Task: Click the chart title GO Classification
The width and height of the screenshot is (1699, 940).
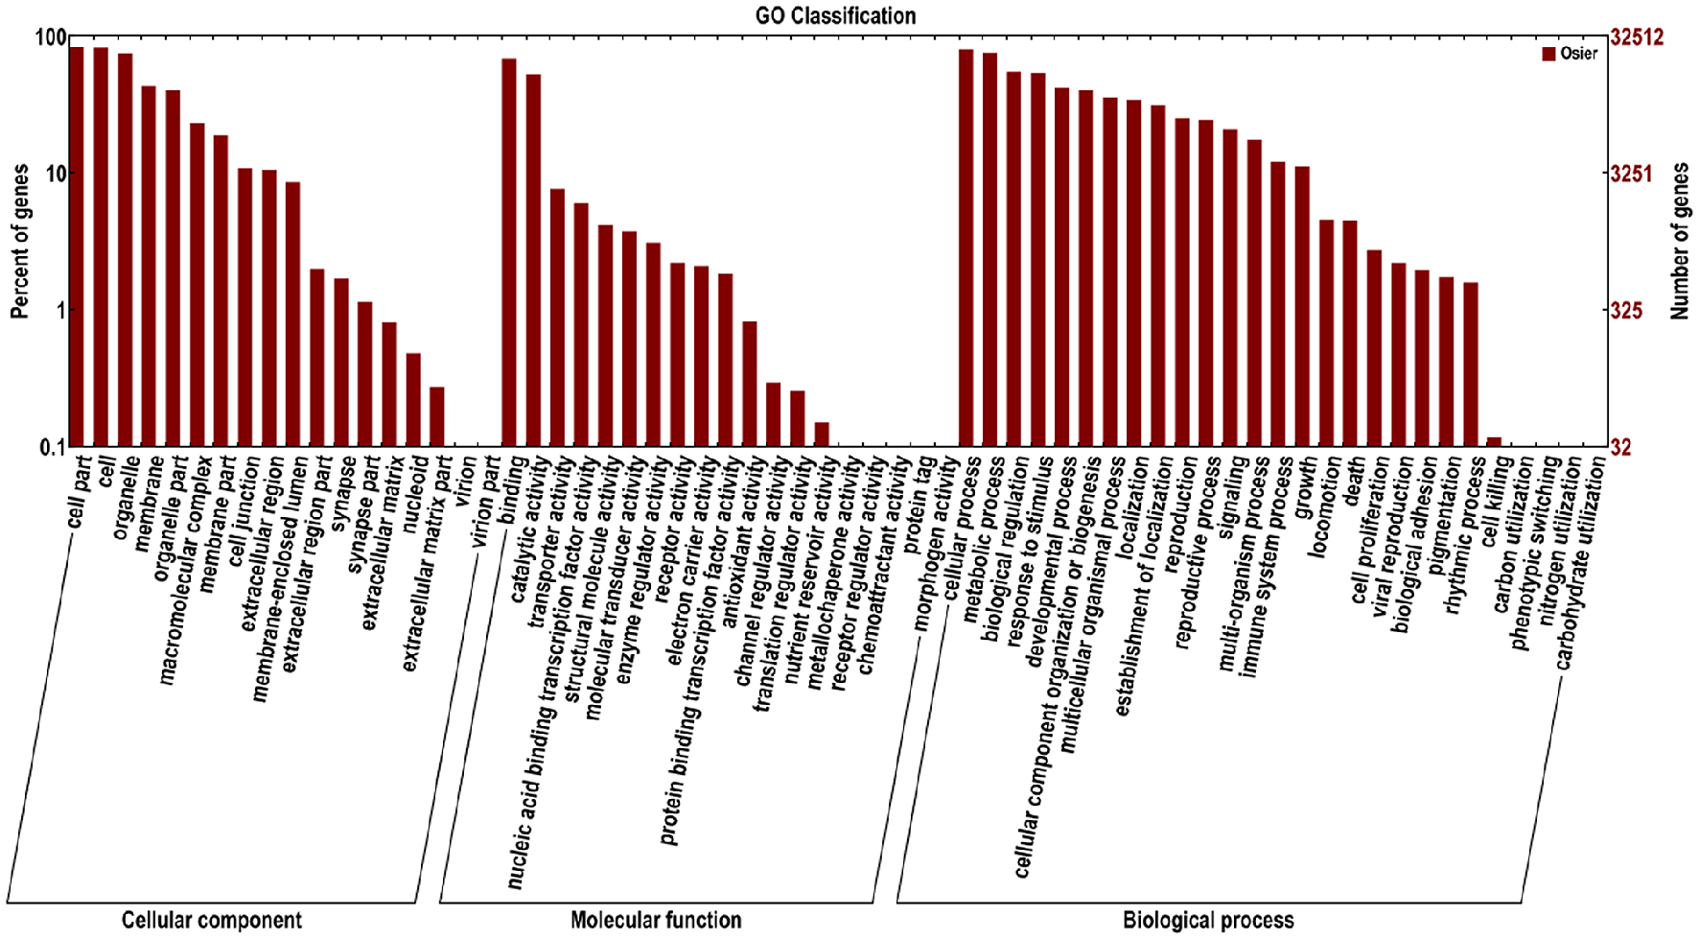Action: click(x=835, y=15)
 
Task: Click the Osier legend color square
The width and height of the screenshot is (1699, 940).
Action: click(x=1548, y=54)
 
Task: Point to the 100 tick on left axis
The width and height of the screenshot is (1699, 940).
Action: click(x=50, y=38)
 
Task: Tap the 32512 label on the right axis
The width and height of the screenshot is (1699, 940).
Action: click(x=1637, y=38)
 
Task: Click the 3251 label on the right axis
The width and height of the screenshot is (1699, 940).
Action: click(x=1631, y=174)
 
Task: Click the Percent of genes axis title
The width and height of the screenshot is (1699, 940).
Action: click(x=20, y=241)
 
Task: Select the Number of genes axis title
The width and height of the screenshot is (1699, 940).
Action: click(x=1679, y=241)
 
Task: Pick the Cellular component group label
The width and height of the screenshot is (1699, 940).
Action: click(x=211, y=921)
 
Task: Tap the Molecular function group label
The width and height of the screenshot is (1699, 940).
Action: click(x=656, y=921)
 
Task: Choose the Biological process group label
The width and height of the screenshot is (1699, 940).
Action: click(x=1208, y=921)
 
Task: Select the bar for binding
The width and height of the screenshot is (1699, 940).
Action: click(x=509, y=252)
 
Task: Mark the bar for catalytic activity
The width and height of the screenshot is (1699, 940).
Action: click(x=533, y=260)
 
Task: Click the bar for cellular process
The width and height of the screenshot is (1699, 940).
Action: click(x=966, y=247)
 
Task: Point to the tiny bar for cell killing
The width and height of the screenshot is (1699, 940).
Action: click(x=1494, y=442)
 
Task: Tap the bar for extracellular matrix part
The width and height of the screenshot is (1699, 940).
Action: click(x=437, y=416)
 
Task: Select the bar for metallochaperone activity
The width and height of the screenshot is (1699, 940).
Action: click(x=822, y=435)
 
